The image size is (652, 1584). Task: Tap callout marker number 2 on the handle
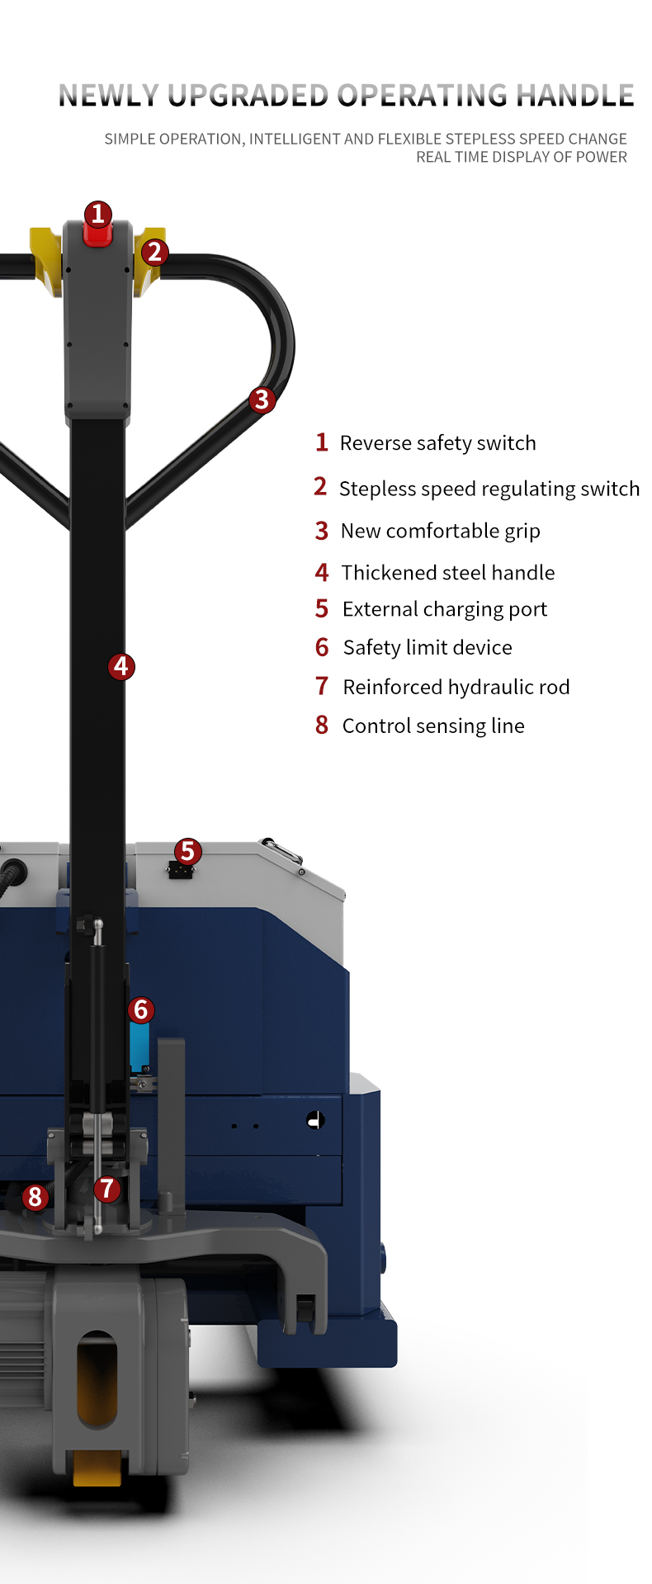[x=154, y=253]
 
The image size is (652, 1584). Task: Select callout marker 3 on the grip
[x=262, y=400]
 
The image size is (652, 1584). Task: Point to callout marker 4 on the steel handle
[x=121, y=666]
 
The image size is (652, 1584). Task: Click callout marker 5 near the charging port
[x=187, y=851]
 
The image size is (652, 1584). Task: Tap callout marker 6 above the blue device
[x=140, y=1010]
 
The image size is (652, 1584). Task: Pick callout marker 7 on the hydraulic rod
[x=106, y=1189]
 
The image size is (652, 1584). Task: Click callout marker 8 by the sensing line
[x=35, y=1196]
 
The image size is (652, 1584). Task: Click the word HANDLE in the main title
[x=575, y=96]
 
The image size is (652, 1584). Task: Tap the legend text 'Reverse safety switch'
[x=437, y=443]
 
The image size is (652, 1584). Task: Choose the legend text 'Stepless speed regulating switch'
[x=489, y=489]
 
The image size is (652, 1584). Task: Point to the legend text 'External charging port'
[x=445, y=609]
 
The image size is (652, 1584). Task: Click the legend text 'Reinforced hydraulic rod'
[x=456, y=687]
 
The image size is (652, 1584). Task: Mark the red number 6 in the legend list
[x=322, y=647]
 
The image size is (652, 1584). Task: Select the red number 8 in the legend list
[x=322, y=726]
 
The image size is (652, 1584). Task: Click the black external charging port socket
[x=180, y=870]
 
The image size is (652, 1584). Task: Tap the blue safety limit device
[x=139, y=1046]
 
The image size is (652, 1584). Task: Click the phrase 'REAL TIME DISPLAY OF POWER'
[x=522, y=157]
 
